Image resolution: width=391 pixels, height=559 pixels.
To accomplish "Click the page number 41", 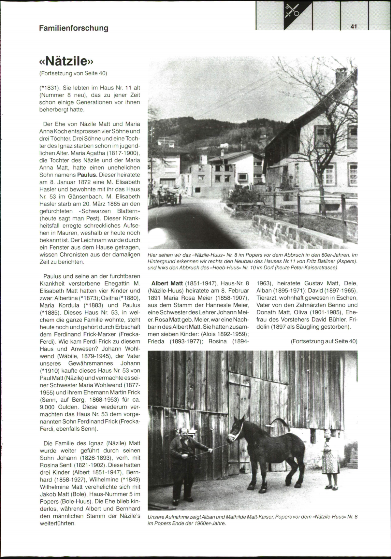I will pos(354,26).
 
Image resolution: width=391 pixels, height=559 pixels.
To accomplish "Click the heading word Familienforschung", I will pos(74,28).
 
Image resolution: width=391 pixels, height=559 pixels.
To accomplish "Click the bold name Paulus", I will pos(88,175).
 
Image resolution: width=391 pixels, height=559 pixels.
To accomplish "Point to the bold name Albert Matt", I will pos(167,283).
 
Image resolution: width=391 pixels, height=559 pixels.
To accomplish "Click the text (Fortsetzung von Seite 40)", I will pos(73,73).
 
